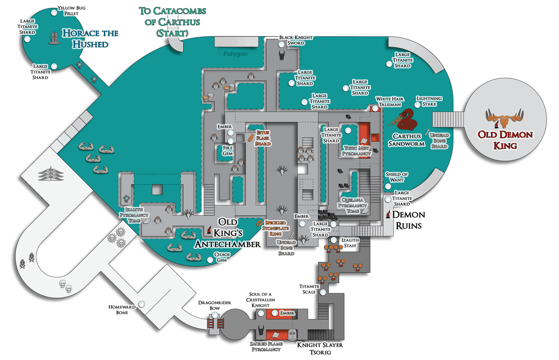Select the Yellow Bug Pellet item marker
coord(55,13)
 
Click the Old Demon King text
coord(505,140)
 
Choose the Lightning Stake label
coord(429,102)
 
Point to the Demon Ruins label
coord(408,219)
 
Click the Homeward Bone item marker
coord(141,304)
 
